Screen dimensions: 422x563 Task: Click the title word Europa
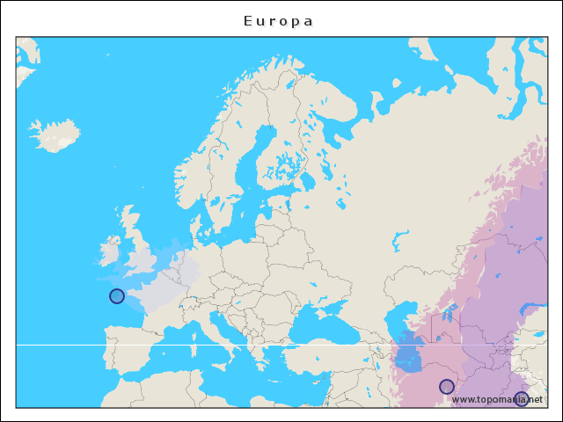tap(278, 20)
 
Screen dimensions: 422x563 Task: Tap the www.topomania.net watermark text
tap(497, 399)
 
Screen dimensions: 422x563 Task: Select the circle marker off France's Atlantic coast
tap(117, 296)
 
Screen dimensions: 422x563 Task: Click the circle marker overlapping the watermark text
tap(522, 398)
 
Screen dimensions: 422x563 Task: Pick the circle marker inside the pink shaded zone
tap(447, 387)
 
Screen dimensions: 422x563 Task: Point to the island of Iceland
tap(55, 135)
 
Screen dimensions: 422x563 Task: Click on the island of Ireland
tap(108, 253)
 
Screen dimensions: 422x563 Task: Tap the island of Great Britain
tap(139, 255)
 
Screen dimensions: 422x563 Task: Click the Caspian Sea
tap(406, 347)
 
